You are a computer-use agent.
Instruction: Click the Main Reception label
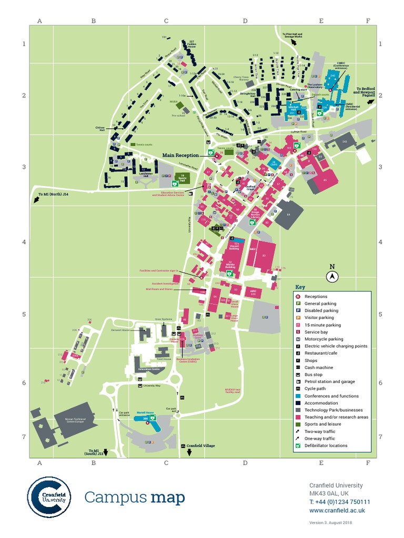tap(180, 156)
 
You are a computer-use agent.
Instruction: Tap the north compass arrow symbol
tap(332, 276)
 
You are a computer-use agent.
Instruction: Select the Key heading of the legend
tap(300, 287)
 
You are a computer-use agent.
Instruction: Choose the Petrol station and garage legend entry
tap(329, 381)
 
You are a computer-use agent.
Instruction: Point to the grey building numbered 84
tap(288, 214)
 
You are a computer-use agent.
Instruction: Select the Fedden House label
tap(192, 44)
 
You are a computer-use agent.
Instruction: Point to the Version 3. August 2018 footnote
tap(330, 522)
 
